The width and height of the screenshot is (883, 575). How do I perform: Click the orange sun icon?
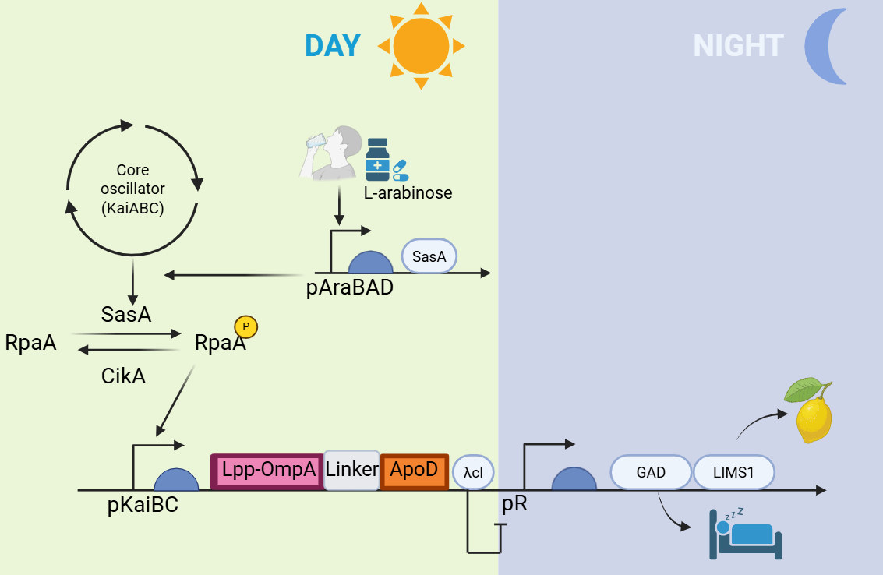[x=421, y=45]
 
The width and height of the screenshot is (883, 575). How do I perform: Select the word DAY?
[x=333, y=46]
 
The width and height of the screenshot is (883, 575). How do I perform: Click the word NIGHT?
[x=737, y=47]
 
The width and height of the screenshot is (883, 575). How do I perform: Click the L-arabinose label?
[x=408, y=192]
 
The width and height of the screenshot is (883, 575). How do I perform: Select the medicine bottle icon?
[x=378, y=160]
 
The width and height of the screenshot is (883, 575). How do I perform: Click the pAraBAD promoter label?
[x=349, y=287]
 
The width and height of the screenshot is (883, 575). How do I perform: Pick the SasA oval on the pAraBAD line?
[x=429, y=256]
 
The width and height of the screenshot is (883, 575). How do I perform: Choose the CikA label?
[x=123, y=376]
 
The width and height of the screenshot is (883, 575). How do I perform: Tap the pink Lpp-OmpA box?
[x=267, y=471]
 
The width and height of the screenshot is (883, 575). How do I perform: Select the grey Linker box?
[x=351, y=470]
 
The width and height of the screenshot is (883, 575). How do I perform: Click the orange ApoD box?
[x=414, y=471]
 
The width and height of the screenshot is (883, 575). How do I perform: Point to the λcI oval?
[x=473, y=472]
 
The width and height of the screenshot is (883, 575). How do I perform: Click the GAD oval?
[x=651, y=471]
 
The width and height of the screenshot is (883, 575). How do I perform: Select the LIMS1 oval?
[x=733, y=471]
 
